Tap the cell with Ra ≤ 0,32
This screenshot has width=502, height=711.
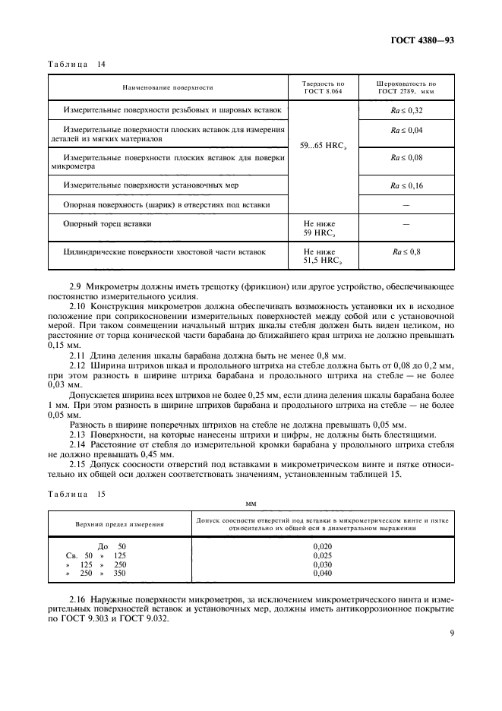point(406,110)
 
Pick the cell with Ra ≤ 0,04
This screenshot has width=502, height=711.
point(406,131)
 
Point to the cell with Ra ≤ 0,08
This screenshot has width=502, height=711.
point(406,157)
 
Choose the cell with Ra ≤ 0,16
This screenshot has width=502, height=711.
point(406,185)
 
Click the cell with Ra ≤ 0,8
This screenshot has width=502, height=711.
point(406,251)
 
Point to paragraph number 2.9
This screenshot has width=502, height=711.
point(77,287)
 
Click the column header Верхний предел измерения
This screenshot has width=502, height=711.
point(119,525)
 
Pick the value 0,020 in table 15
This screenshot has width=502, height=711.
point(324,546)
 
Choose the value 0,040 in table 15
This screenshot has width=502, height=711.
point(324,574)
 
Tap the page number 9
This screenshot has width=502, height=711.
point(451,630)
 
